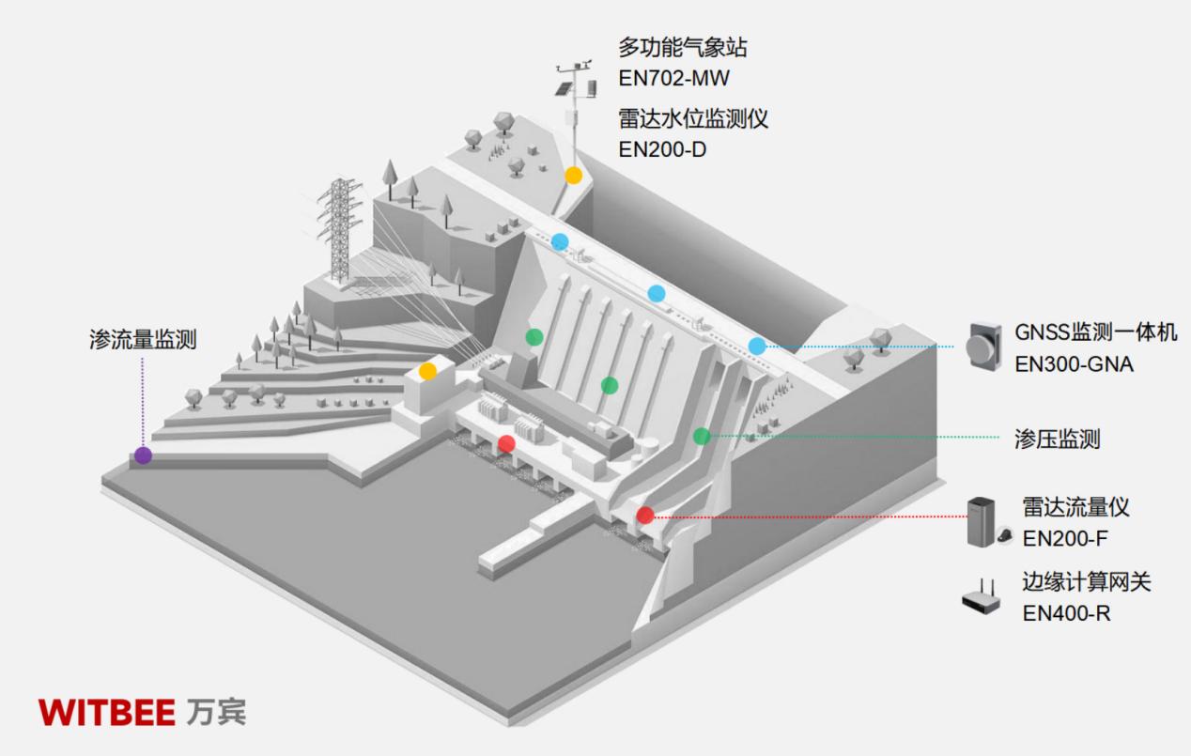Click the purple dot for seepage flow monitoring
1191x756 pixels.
[143, 455]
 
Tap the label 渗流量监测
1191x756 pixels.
[143, 340]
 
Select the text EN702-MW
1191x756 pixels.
[673, 78]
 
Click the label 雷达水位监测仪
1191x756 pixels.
[693, 119]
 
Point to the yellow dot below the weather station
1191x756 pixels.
[573, 176]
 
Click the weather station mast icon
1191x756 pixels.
[574, 103]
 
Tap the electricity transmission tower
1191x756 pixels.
[338, 230]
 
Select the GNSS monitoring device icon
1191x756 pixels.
[984, 345]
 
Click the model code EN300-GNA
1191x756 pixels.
[1074, 364]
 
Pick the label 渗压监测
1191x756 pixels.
[1057, 439]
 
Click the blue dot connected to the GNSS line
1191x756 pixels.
[757, 346]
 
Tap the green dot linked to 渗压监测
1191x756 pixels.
[702, 436]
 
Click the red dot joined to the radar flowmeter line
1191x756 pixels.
[644, 515]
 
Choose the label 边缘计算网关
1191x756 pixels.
[1086, 582]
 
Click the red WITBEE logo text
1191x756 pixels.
[107, 712]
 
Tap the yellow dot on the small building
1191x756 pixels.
[427, 371]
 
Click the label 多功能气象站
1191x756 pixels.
[683, 47]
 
